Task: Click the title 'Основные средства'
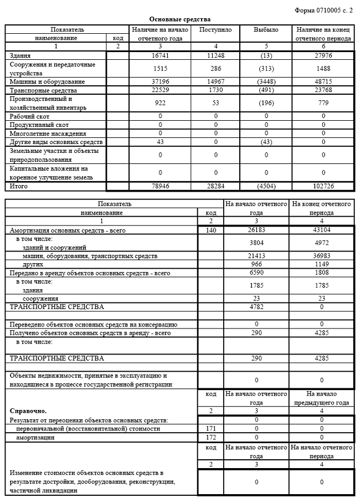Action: coord(179,19)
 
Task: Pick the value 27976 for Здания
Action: coord(324,56)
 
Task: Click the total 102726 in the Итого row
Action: coord(324,186)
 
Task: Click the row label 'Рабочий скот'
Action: coord(29,117)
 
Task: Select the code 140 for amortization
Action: coord(210,230)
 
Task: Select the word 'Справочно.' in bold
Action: coord(28,412)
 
